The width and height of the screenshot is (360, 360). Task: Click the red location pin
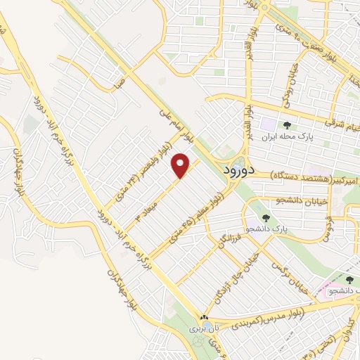click(x=181, y=165)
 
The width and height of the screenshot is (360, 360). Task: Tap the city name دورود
click(x=240, y=171)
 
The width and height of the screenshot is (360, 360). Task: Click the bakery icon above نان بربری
click(x=204, y=318)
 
